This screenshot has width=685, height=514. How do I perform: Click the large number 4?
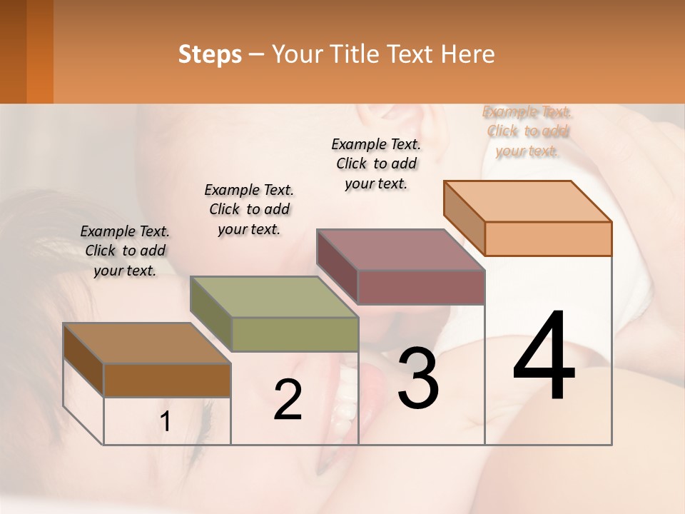pos(544,356)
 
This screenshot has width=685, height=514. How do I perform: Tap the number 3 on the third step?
pos(418,378)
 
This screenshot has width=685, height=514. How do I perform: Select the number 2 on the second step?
pos(288,400)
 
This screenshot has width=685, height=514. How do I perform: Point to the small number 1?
pos(166,422)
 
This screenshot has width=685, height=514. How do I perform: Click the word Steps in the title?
pos(210,54)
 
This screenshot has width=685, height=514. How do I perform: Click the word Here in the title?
pos(468,54)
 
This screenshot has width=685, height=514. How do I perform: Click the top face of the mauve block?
pos(400,250)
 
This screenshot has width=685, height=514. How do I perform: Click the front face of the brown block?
pos(167,381)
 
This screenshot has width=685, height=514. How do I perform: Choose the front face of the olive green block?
pos(295,334)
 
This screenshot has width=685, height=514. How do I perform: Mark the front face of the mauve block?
pos(421,287)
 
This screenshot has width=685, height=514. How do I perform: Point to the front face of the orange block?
pos(548,238)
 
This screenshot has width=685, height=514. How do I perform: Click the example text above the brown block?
pos(125,251)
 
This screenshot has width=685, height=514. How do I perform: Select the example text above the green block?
pos(249,209)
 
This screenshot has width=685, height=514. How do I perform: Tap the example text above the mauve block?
pos(376,163)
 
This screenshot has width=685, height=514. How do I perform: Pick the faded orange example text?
pos(527,131)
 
